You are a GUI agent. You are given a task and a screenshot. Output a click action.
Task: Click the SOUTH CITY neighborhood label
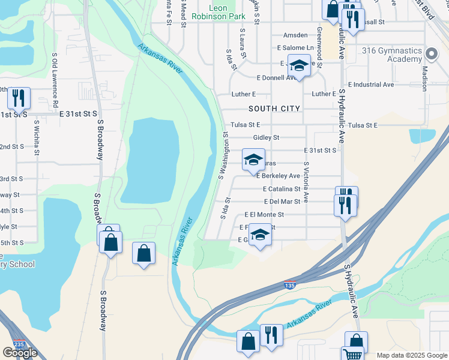(x=274, y=109)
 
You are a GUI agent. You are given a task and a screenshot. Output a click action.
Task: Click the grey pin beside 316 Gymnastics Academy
(x=431, y=55)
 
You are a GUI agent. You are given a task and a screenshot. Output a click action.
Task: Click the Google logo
(x=20, y=352)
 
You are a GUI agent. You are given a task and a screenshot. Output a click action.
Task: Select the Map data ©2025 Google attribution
(x=411, y=355)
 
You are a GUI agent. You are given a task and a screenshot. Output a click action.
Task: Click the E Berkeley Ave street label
(x=278, y=176)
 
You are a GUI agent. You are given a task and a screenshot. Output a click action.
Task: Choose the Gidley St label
(x=267, y=137)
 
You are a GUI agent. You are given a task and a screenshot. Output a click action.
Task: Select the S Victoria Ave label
(x=306, y=181)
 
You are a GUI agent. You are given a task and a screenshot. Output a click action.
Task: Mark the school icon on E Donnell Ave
(x=299, y=65)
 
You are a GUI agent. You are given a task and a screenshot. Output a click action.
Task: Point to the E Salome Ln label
(x=295, y=47)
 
